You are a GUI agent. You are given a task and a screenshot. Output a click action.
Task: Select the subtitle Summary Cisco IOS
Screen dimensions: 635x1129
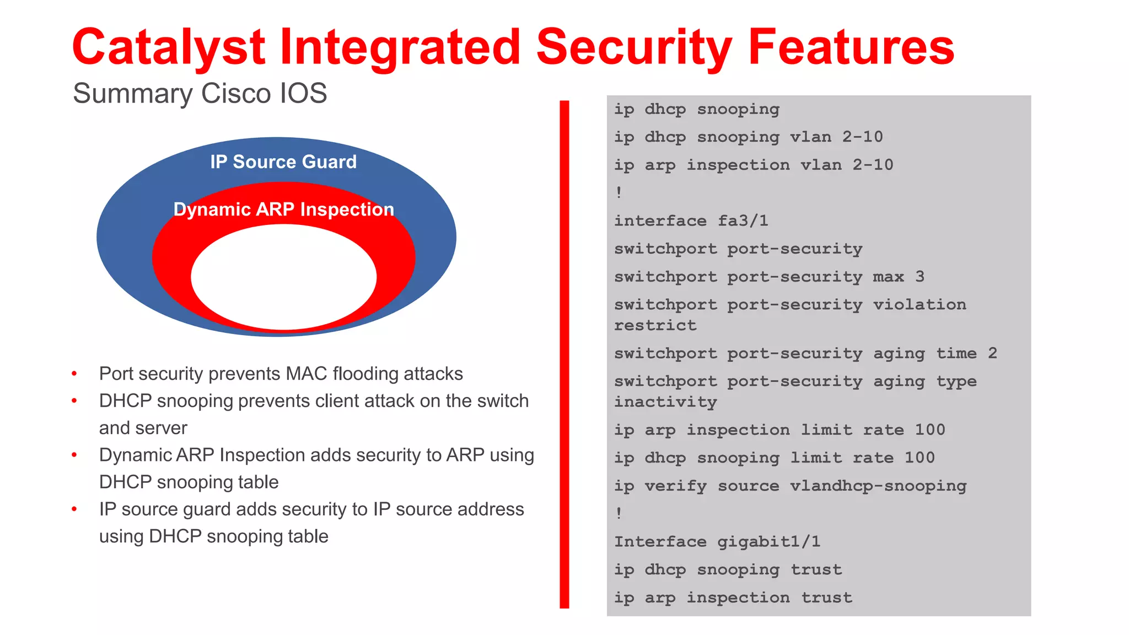[x=200, y=93]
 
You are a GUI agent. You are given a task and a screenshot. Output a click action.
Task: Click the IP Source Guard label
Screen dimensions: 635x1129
[x=283, y=162]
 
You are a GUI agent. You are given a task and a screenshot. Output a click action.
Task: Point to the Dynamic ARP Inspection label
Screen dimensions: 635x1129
[x=283, y=209]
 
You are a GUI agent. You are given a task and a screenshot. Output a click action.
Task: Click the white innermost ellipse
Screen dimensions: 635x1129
[x=283, y=277]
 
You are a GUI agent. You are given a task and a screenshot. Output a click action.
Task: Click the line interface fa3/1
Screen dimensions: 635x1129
[x=691, y=221]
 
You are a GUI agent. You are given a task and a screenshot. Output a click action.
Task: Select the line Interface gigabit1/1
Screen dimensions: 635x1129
[x=717, y=542]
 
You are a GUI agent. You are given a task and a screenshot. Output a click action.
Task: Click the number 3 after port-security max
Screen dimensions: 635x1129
[x=920, y=277]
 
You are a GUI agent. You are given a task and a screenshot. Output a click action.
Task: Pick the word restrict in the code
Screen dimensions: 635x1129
[x=655, y=326]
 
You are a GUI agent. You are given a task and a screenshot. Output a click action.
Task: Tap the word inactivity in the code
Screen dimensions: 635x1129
[x=665, y=402]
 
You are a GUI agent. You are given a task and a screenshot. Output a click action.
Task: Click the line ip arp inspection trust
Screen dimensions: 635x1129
[x=733, y=598]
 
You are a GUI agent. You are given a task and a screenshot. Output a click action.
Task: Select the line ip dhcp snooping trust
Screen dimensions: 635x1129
[x=728, y=570]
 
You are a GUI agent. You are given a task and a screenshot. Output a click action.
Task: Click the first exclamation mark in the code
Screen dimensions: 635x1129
[x=619, y=192]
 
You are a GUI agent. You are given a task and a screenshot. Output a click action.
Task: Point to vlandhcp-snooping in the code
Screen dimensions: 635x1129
[x=878, y=486]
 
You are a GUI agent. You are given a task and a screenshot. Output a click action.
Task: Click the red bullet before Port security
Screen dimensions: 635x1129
[x=74, y=374]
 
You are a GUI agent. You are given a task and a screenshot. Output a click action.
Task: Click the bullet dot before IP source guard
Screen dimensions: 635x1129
[x=74, y=510]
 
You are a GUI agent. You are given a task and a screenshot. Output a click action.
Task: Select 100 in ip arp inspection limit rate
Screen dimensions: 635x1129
[x=929, y=430]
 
